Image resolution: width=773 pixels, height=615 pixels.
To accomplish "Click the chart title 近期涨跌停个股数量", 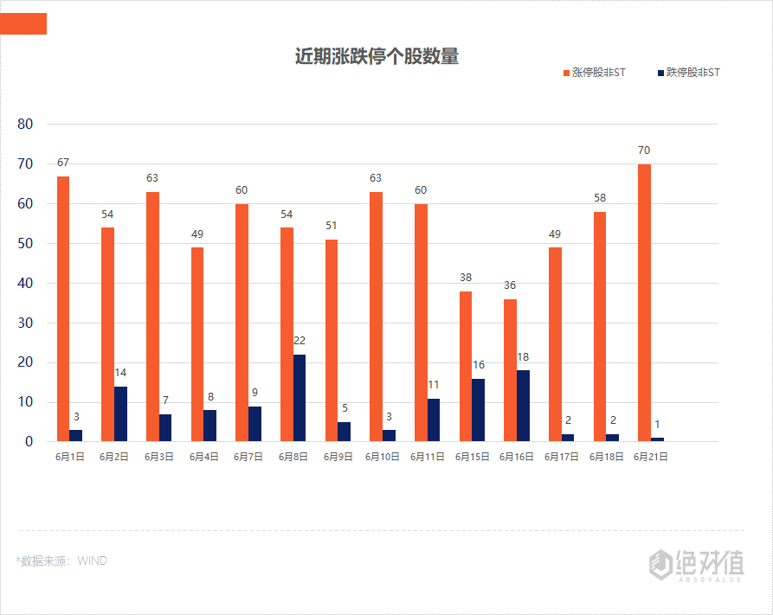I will click(x=377, y=57).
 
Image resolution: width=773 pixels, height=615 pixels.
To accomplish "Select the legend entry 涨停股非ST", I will click(x=595, y=73).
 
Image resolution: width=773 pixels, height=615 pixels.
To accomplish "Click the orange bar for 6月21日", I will click(x=644, y=303).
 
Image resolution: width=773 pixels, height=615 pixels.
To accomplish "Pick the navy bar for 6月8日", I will click(x=300, y=398).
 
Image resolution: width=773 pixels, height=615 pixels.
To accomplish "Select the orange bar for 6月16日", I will click(x=510, y=370).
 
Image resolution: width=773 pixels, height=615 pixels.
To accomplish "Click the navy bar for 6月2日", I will click(x=120, y=413).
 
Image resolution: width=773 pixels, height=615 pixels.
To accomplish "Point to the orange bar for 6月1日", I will click(x=63, y=309).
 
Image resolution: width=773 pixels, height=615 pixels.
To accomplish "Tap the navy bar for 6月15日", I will click(x=479, y=410).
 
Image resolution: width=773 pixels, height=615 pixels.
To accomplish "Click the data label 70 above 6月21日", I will click(x=644, y=151).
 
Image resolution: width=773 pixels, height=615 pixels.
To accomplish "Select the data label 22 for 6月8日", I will click(x=300, y=341).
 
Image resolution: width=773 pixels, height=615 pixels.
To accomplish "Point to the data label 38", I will click(x=466, y=278).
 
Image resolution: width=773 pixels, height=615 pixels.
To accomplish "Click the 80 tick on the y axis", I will click(x=25, y=124).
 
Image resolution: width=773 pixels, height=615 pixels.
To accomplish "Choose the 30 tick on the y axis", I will click(x=25, y=323).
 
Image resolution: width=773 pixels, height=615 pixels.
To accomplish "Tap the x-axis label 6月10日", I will click(x=382, y=457).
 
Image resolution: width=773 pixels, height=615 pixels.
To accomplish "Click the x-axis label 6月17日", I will click(x=561, y=457).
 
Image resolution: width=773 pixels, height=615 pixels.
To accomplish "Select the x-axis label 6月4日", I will click(x=203, y=457).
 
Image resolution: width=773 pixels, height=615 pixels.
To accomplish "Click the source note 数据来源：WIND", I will click(x=61, y=561).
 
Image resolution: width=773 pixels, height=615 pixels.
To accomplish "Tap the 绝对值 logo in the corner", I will click(x=697, y=564).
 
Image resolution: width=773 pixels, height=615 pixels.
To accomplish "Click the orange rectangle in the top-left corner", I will click(x=23, y=24).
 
